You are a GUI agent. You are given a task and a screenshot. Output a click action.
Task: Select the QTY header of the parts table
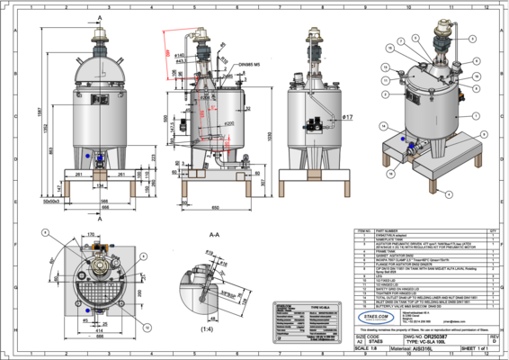[493, 231]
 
